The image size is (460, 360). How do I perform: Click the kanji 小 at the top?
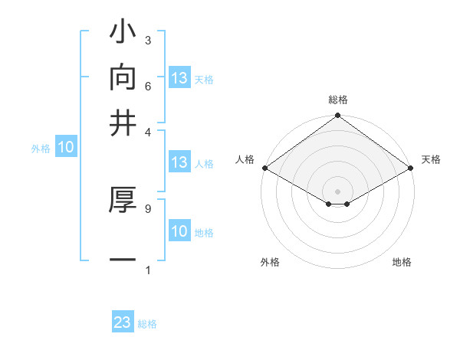point(123,35)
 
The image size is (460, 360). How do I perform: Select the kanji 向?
point(123,79)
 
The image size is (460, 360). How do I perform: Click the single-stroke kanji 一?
point(123,260)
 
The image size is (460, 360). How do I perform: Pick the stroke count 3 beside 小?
point(148,40)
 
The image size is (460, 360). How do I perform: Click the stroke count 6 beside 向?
point(148,85)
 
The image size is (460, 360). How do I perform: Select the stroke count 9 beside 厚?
point(148,208)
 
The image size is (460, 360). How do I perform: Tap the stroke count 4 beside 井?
point(148,131)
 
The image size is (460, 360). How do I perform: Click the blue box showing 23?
point(123,322)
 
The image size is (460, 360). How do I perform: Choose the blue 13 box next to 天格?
point(179,78)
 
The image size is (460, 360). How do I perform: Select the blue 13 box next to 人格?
point(179,162)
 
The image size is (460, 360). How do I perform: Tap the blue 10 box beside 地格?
point(179,231)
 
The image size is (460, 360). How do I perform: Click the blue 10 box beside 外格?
point(66,148)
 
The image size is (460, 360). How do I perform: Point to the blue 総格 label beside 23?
point(147,324)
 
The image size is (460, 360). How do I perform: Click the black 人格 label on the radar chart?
point(245,159)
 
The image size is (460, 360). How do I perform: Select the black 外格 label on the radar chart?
point(270,263)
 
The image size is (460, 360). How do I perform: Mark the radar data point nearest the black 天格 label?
point(412,168)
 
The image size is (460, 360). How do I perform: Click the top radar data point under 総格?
point(338,116)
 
